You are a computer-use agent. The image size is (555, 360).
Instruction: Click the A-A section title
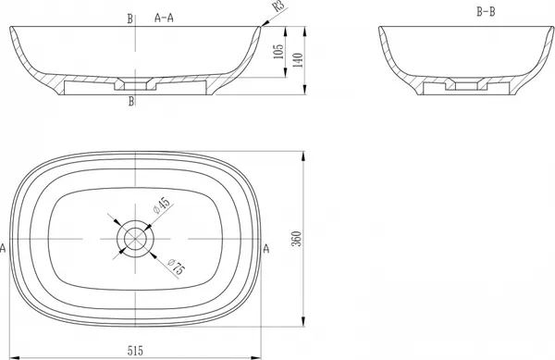click(x=164, y=18)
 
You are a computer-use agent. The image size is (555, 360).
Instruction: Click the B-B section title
click(x=486, y=12)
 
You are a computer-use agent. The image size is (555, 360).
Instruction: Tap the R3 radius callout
click(x=279, y=6)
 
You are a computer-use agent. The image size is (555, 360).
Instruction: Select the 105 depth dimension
click(x=279, y=51)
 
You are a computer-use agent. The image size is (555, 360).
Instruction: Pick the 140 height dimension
click(x=298, y=60)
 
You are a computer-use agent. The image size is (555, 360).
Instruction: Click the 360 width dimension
click(x=297, y=239)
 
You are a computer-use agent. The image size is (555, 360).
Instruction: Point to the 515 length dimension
click(x=135, y=351)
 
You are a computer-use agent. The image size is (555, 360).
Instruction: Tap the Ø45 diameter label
click(x=161, y=205)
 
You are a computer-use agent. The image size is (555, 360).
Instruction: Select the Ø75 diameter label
click(x=176, y=267)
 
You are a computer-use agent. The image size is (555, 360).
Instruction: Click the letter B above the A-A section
click(x=130, y=19)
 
